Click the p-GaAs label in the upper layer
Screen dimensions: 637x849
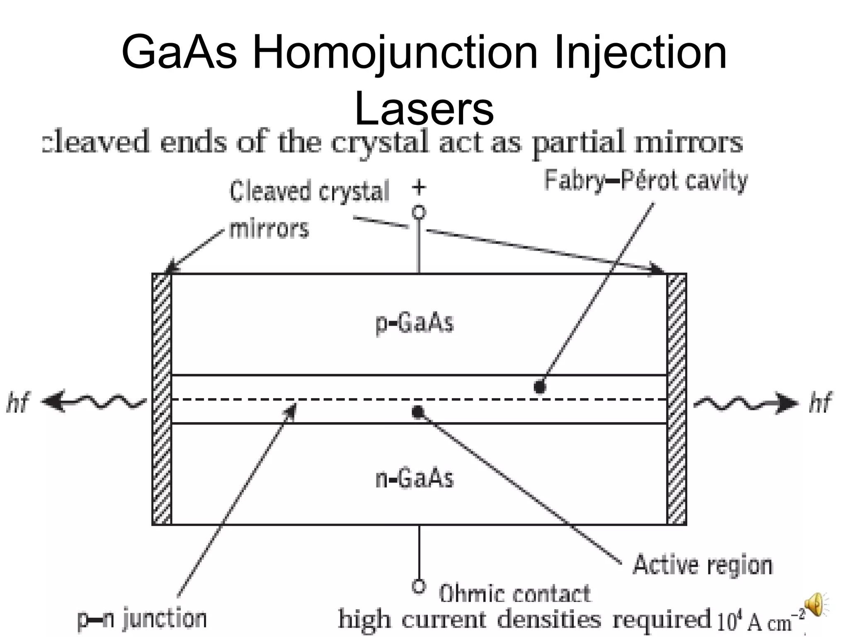[x=415, y=323]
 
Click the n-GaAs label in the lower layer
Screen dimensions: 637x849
[x=415, y=479]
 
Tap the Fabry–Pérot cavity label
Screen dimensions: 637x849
[x=646, y=181]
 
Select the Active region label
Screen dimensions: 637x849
[x=703, y=565]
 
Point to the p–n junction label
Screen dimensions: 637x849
[x=142, y=619]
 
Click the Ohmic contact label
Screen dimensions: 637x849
[x=514, y=594]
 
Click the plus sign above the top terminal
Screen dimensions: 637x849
[x=419, y=187]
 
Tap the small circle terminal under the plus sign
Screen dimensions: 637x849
[x=419, y=212]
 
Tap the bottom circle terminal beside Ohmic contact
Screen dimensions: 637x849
[x=419, y=586]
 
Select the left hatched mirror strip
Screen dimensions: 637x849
[x=162, y=399]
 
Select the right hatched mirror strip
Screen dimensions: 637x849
[x=677, y=399]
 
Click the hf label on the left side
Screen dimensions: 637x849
[x=18, y=402]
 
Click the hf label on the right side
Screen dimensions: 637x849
[x=820, y=402]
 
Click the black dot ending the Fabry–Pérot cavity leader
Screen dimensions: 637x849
[x=539, y=387]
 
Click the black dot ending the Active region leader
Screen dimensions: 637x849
[x=418, y=412]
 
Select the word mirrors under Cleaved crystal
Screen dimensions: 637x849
[x=269, y=229]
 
